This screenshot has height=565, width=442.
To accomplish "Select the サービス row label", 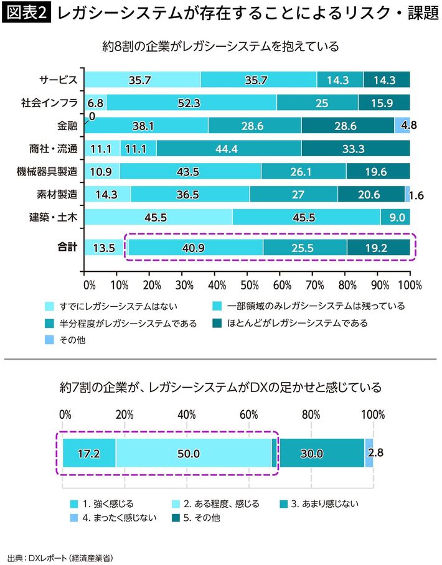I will [58, 80].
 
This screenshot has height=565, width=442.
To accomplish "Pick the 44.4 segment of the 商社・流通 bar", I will [228, 148].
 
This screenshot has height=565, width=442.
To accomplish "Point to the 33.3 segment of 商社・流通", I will [355, 148].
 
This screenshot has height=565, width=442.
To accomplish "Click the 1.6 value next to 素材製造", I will [416, 195].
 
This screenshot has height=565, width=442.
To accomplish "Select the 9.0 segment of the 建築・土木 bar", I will [395, 217].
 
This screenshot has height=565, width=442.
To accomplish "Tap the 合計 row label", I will [66, 247].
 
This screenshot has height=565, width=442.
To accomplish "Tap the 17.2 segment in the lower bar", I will [89, 453].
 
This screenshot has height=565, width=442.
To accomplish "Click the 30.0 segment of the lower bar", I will [311, 453].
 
